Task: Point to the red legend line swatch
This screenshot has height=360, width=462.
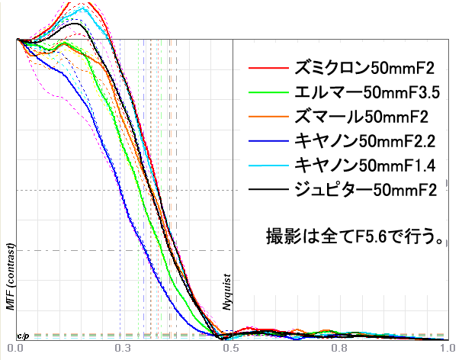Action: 266,69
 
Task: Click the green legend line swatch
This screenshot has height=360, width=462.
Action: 266,93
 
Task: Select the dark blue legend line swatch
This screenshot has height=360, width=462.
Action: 266,141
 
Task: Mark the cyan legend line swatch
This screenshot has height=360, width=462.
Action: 266,165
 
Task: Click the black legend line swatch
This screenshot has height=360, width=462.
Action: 266,189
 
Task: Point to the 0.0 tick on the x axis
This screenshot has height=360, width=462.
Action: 14,347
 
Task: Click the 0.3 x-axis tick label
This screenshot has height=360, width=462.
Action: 123,347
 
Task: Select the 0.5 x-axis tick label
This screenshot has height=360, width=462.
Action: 231,347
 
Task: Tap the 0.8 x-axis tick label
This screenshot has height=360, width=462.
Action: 339,347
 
